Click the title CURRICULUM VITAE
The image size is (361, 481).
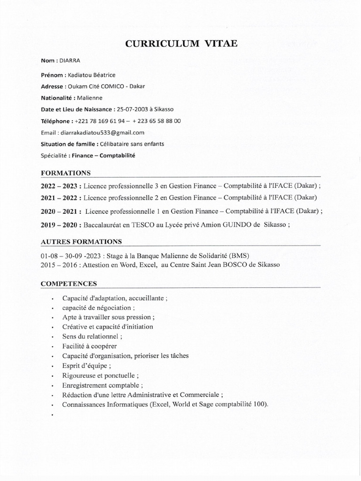[x=181, y=44]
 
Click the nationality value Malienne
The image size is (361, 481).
[x=90, y=98]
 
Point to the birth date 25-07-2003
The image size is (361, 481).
[x=133, y=109]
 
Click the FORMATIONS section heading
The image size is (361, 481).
[x=66, y=173]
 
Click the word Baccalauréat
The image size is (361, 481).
[x=103, y=225]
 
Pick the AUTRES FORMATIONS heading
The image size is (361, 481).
[x=81, y=242]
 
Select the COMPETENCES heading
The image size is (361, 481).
[x=69, y=284]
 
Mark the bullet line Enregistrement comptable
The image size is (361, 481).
[x=96, y=385]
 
